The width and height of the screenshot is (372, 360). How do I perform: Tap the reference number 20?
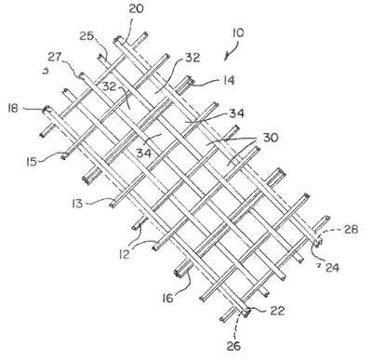(136, 8)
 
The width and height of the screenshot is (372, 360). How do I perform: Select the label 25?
(86, 36)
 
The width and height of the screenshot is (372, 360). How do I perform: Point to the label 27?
(55, 57)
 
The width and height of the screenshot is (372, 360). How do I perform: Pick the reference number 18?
(13, 108)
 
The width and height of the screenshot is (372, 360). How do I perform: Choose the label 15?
(32, 161)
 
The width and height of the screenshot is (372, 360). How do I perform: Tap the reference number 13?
(77, 204)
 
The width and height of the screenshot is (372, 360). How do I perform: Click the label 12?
(124, 254)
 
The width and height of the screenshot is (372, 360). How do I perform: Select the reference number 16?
(167, 298)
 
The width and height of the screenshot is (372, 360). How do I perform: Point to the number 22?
(277, 311)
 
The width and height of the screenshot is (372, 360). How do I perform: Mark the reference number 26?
(234, 345)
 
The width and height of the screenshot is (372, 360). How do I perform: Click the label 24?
(332, 267)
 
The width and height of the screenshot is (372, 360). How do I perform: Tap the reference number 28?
(351, 230)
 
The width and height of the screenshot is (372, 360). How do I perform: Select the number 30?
(271, 138)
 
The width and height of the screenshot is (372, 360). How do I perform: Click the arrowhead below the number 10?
(227, 58)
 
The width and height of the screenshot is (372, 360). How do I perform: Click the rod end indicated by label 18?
(47, 109)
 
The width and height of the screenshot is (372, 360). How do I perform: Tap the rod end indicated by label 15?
(63, 155)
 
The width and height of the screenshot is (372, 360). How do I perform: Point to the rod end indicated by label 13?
(112, 204)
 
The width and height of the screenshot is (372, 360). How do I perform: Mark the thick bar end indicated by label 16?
(179, 273)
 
